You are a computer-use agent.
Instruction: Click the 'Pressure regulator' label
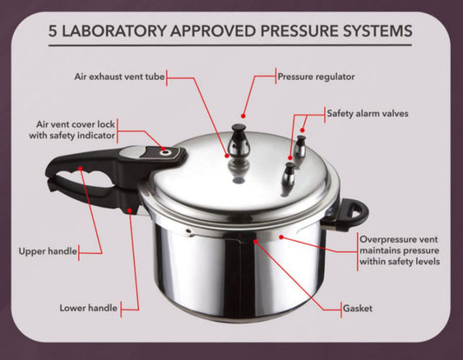coord(316,77)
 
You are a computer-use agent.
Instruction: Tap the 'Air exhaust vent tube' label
coord(120,77)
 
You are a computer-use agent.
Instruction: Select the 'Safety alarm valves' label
coord(367,114)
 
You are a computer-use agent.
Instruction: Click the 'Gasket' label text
coord(358,309)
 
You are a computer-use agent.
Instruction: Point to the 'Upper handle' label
coord(48,251)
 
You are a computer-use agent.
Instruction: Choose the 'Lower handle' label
coord(89,308)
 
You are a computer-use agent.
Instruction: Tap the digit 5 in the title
coord(53,31)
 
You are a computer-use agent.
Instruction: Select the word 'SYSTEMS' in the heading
coord(378,31)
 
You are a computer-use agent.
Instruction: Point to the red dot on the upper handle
coord(81,168)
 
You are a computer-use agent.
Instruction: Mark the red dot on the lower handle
coord(129,210)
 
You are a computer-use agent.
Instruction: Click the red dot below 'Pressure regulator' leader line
coord(243,116)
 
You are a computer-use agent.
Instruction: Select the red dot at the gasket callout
coord(255,241)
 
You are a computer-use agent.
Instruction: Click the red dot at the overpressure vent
coord(281,237)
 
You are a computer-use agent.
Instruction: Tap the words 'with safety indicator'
coord(72,136)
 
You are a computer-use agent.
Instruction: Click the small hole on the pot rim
coord(188,230)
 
